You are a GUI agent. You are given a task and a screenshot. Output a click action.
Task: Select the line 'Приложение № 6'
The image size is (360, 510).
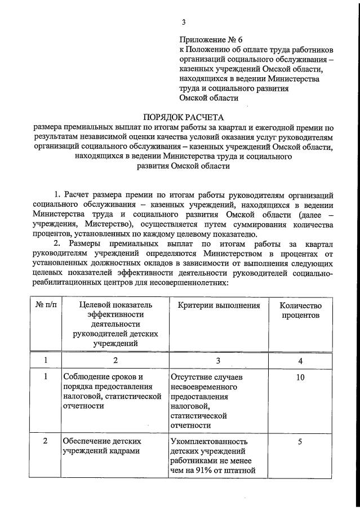[210, 39]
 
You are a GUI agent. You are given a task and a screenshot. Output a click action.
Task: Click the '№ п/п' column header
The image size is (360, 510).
[46, 305]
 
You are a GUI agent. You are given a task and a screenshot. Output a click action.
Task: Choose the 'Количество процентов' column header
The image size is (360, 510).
[300, 310]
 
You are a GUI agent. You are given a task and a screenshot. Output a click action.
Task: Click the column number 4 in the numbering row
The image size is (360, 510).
[300, 360]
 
